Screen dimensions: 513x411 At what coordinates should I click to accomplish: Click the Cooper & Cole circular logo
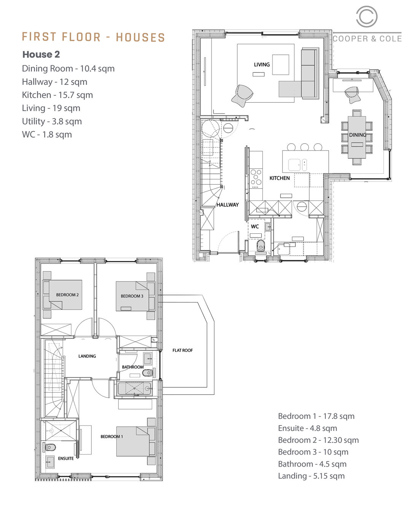(366, 17)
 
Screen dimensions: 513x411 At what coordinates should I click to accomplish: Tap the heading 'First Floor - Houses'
(93, 37)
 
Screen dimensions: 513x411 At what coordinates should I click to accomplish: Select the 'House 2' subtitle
(41, 54)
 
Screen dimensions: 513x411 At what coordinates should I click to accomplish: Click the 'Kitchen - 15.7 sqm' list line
(57, 95)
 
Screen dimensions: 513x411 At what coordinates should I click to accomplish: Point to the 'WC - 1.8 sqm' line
(47, 135)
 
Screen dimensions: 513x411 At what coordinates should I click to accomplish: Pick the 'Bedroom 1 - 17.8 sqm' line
(316, 416)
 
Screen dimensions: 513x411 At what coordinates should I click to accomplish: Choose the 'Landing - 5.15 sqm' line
(311, 476)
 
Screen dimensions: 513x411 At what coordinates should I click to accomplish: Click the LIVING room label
(261, 65)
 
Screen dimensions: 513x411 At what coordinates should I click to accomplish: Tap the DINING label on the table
(357, 135)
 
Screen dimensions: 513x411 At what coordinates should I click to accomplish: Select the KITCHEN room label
(279, 178)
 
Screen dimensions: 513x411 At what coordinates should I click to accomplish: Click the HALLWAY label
(228, 205)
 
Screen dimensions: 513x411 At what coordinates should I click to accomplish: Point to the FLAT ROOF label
(182, 350)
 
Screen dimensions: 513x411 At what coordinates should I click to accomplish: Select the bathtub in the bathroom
(134, 388)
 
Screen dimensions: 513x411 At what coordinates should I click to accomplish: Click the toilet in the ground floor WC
(261, 245)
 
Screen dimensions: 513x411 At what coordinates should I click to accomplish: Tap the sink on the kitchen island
(295, 165)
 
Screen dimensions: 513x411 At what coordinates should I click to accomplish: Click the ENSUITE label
(66, 459)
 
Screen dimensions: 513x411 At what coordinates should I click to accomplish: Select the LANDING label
(87, 356)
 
